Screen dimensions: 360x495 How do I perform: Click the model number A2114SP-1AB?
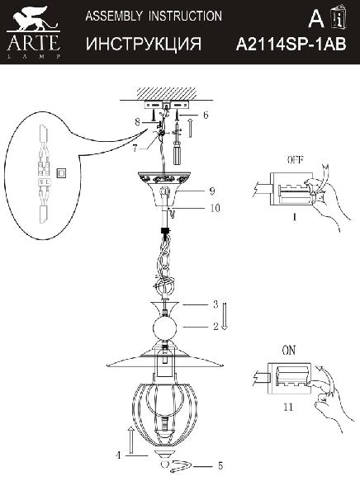click(291, 45)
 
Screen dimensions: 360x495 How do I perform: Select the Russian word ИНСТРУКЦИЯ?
click(144, 44)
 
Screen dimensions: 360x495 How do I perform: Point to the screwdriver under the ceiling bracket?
click(178, 144)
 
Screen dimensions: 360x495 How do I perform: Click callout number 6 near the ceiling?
click(206, 115)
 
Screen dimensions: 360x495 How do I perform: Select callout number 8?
click(137, 122)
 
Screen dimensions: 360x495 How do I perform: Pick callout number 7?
click(135, 148)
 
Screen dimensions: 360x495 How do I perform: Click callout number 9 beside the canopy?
click(213, 191)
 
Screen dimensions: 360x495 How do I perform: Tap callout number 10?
click(215, 208)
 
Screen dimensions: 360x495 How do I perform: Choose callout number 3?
click(216, 304)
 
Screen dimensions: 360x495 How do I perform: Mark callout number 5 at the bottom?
click(220, 465)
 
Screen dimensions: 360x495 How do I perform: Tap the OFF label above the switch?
click(296, 160)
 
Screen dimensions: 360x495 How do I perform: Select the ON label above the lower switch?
click(289, 350)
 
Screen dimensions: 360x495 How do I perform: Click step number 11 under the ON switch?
click(288, 407)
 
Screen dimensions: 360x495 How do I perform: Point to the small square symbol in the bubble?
click(62, 172)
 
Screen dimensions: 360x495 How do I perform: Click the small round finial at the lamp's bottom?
click(164, 464)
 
